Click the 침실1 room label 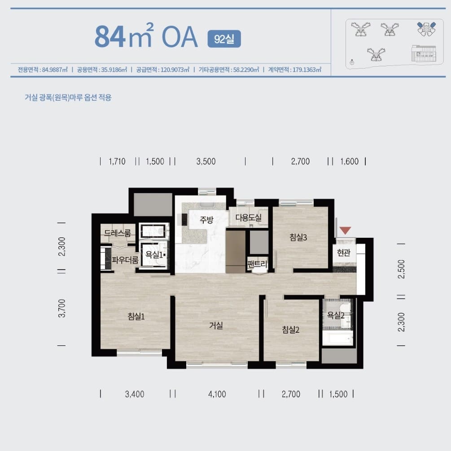[136, 316]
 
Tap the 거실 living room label [216, 325]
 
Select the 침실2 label [290, 329]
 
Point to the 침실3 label [298, 237]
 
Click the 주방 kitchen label [206, 220]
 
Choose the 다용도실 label [249, 218]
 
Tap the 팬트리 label [257, 263]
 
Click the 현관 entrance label [343, 253]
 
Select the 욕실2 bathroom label [336, 315]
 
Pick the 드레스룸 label [117, 233]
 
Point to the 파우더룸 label [125, 260]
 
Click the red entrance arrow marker [345, 230]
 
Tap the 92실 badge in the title [224, 39]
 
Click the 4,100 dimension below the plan [217, 394]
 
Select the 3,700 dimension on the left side [61, 308]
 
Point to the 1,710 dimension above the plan [117, 161]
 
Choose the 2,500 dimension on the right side [401, 269]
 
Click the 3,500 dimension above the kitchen [206, 161]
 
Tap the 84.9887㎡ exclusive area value [55, 69]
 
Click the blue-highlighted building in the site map [426, 29]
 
